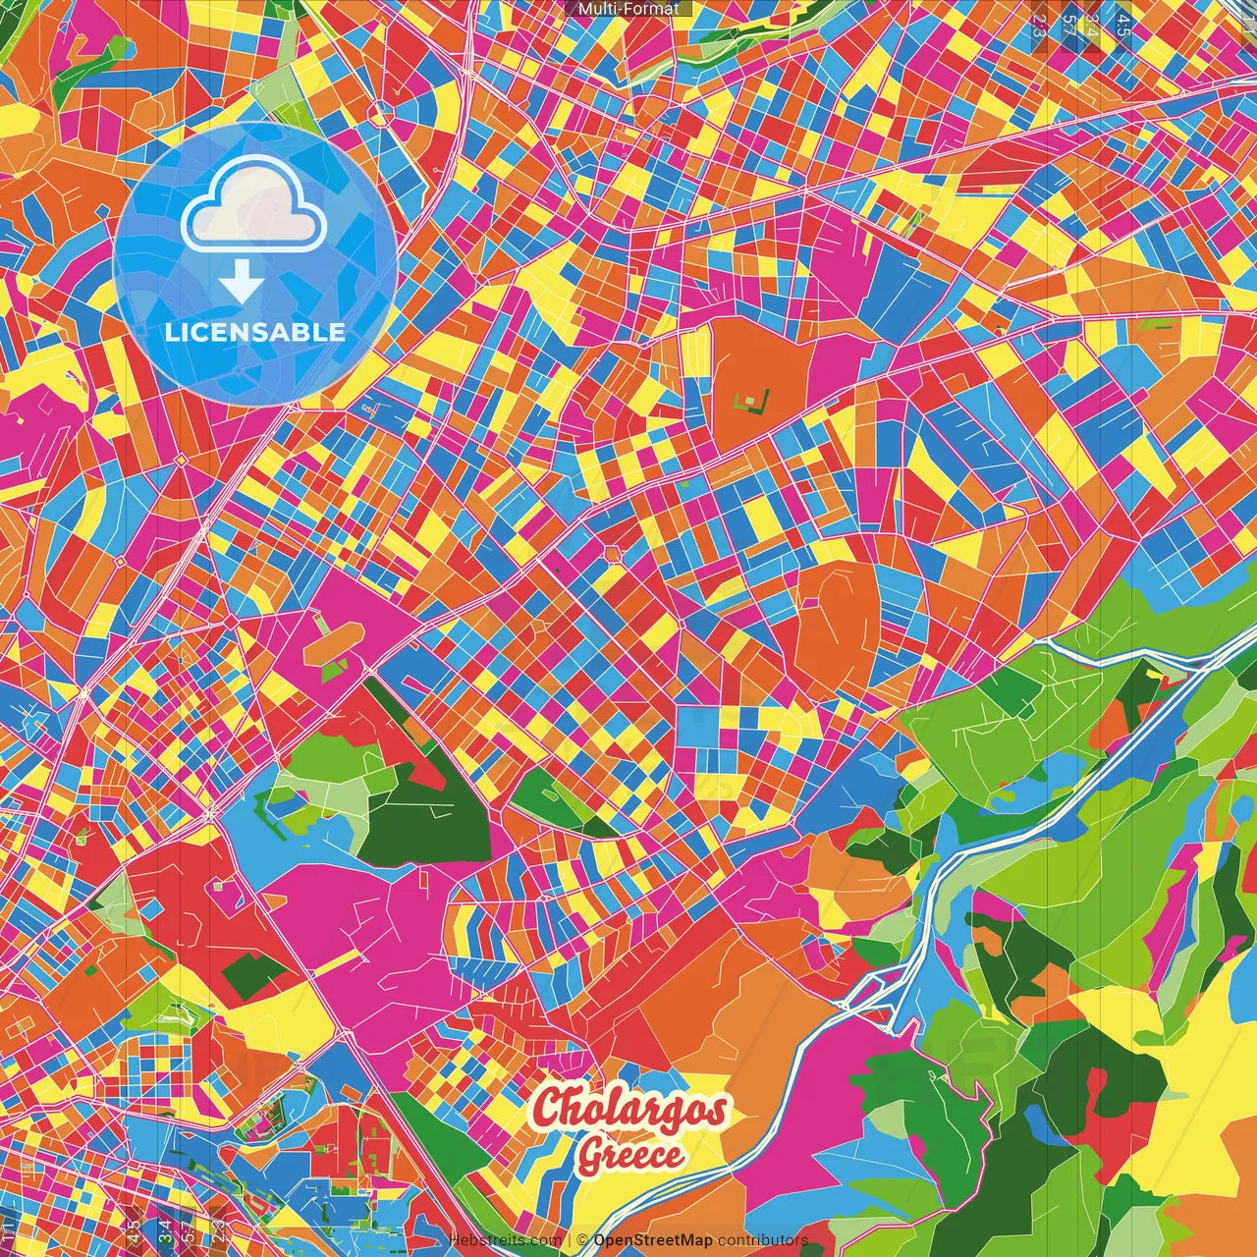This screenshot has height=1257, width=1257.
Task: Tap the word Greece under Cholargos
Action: click(629, 1154)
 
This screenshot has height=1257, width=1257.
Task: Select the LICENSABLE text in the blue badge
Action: click(255, 332)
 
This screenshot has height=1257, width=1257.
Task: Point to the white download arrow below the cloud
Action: click(241, 283)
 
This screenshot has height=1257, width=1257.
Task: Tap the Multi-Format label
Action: click(628, 9)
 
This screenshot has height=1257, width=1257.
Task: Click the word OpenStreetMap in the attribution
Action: click(653, 1240)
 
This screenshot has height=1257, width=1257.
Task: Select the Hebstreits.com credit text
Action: click(506, 1240)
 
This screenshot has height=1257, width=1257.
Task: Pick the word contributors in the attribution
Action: click(763, 1240)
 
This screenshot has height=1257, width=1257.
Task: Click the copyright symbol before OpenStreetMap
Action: click(582, 1240)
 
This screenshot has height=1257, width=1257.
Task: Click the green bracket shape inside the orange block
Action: click(752, 400)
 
